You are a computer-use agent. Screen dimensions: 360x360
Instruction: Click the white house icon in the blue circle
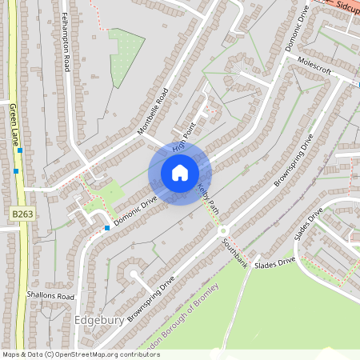click(179, 172)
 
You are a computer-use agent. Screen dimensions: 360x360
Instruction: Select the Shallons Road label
click(49, 296)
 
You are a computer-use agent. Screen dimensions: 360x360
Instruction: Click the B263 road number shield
click(22, 214)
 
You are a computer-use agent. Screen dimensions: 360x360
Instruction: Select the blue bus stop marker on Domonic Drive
click(106, 228)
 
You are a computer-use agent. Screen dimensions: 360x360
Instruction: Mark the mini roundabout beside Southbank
click(222, 232)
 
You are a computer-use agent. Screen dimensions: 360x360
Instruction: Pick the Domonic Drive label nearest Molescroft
click(297, 32)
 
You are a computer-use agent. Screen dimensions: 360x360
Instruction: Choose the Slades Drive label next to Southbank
click(274, 262)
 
